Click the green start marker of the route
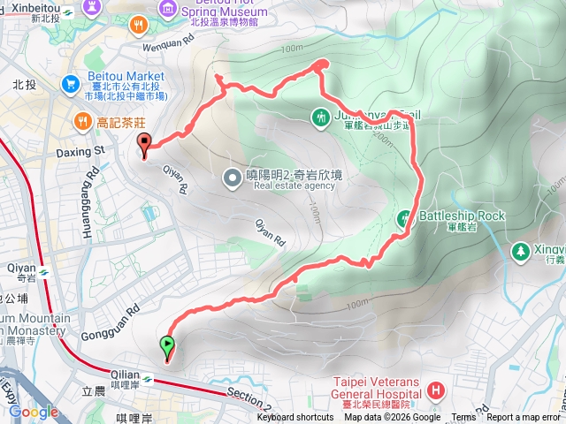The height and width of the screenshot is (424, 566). pos(166,345)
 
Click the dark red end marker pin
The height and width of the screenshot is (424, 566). pos(144,143)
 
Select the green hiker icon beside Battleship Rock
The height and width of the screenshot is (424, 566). pos(404,217)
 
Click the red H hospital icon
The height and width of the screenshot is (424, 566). pos(435,390)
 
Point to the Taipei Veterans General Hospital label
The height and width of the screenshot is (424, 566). pos(373,389)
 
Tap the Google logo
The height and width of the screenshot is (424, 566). pos(34,412)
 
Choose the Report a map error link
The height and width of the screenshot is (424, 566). pos(523,418)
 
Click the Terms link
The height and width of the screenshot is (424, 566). pos(463,418)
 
